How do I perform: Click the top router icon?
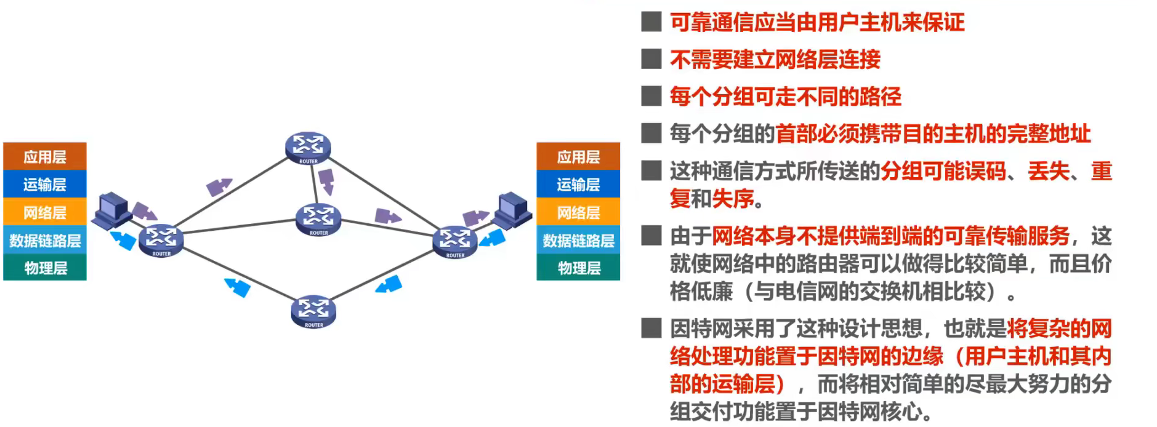click(308, 148)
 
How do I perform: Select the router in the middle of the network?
click(318, 219)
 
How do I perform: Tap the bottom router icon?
click(313, 311)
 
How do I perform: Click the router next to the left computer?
click(161, 240)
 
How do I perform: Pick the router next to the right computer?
click(455, 241)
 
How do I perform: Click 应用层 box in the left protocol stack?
click(45, 156)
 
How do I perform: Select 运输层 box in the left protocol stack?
click(45, 184)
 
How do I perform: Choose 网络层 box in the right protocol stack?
click(578, 212)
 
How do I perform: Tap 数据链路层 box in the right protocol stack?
click(578, 240)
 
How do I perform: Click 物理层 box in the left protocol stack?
click(45, 268)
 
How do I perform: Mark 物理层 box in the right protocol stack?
click(578, 268)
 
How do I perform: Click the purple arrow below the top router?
click(326, 180)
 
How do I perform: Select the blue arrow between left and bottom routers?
click(238, 287)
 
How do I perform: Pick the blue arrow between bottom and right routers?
click(389, 285)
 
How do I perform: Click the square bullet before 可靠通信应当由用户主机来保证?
click(651, 22)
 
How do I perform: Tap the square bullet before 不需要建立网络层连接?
click(651, 59)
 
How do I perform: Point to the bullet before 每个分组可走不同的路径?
click(651, 96)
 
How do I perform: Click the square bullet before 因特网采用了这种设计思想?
click(651, 328)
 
